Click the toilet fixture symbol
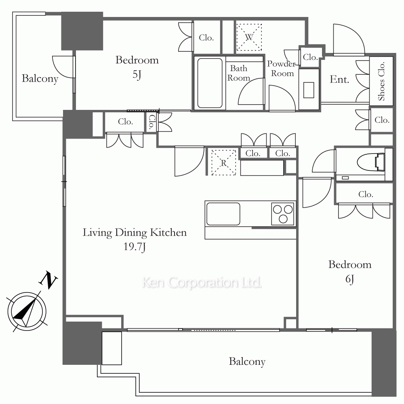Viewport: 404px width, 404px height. point(371,162)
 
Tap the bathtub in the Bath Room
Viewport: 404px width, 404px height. point(210,83)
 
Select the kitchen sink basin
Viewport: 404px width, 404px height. point(223,214)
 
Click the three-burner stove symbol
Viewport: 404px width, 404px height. point(283,214)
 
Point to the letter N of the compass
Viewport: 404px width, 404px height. point(48,280)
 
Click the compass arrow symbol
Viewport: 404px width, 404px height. point(27,311)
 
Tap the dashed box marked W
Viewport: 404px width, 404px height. point(249,37)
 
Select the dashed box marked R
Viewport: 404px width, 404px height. point(224,163)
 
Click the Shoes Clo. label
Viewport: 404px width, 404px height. point(381,81)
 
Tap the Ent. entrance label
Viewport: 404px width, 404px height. point(339,79)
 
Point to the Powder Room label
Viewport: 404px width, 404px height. point(282,69)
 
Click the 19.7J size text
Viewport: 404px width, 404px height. point(135,247)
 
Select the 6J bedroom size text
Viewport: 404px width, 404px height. point(349,279)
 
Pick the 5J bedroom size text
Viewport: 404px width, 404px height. point(137,75)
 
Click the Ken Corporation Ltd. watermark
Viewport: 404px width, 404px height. point(202,283)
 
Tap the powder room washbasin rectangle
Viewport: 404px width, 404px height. point(309,90)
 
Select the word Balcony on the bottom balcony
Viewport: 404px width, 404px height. point(247,362)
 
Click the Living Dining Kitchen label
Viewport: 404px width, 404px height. point(135,232)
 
